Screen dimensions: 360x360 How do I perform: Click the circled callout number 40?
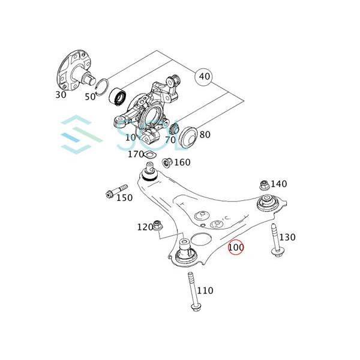pos(203,76)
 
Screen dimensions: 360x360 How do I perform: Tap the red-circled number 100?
pos(236,247)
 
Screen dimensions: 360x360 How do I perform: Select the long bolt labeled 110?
pos(194,292)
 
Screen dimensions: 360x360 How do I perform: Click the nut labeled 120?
pos(157,225)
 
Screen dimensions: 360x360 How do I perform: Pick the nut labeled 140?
pos(265,185)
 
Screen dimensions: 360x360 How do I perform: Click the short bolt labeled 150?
pos(116,191)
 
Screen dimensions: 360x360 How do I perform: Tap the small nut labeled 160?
pos(167,162)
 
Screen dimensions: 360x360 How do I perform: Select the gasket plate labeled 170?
pos(149,154)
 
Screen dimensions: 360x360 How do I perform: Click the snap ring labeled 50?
pos(101,87)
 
